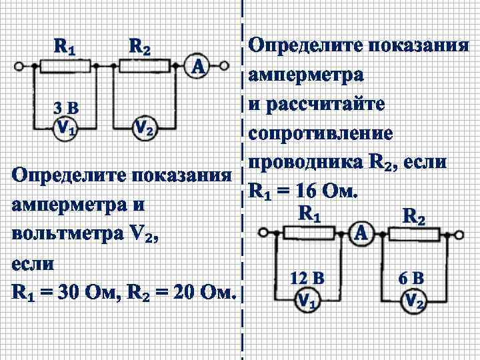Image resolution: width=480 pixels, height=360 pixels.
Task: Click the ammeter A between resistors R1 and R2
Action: (361, 233)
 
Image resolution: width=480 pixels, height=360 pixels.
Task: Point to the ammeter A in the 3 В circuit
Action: (197, 66)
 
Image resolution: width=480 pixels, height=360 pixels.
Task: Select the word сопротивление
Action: (321, 133)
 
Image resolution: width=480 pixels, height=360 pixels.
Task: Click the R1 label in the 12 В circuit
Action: (309, 213)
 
